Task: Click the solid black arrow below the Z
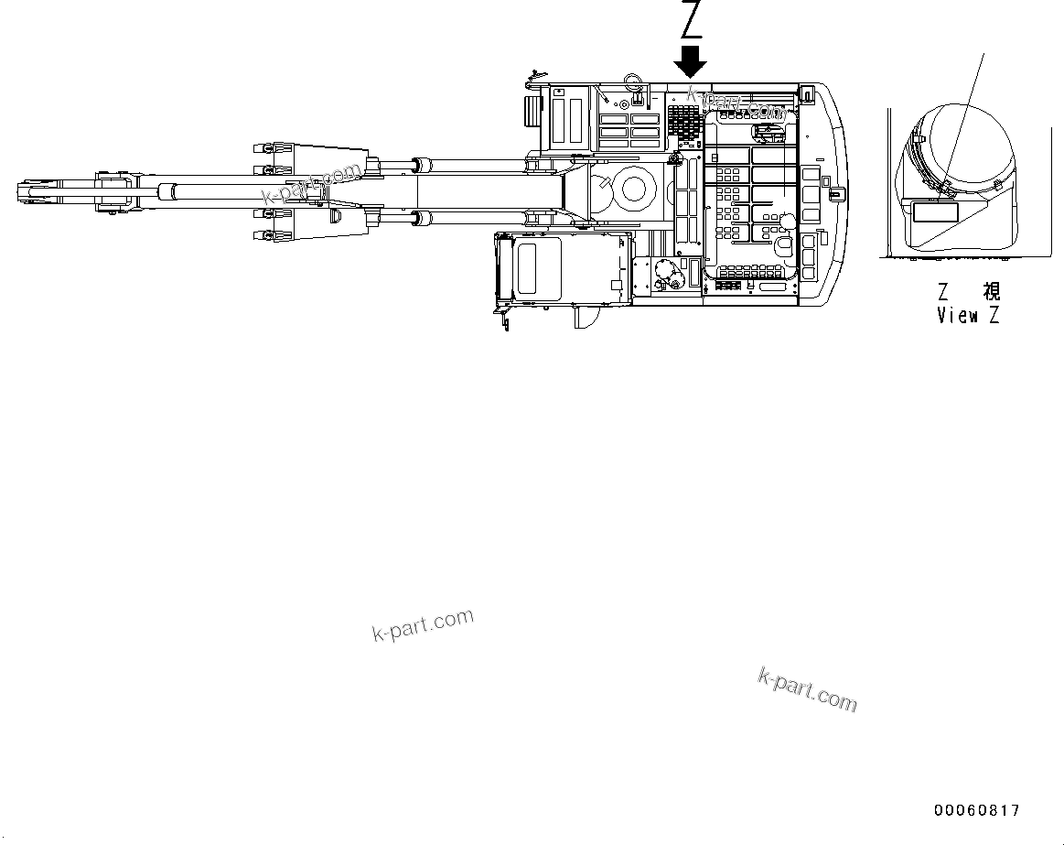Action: (690, 62)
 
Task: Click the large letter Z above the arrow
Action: (692, 20)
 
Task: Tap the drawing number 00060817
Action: (976, 810)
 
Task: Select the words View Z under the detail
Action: (968, 316)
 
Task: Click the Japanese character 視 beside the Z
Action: (991, 291)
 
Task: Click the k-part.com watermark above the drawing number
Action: (807, 689)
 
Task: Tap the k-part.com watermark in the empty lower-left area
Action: (423, 625)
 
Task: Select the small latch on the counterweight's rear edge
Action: (833, 193)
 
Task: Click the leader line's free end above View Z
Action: (984, 53)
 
